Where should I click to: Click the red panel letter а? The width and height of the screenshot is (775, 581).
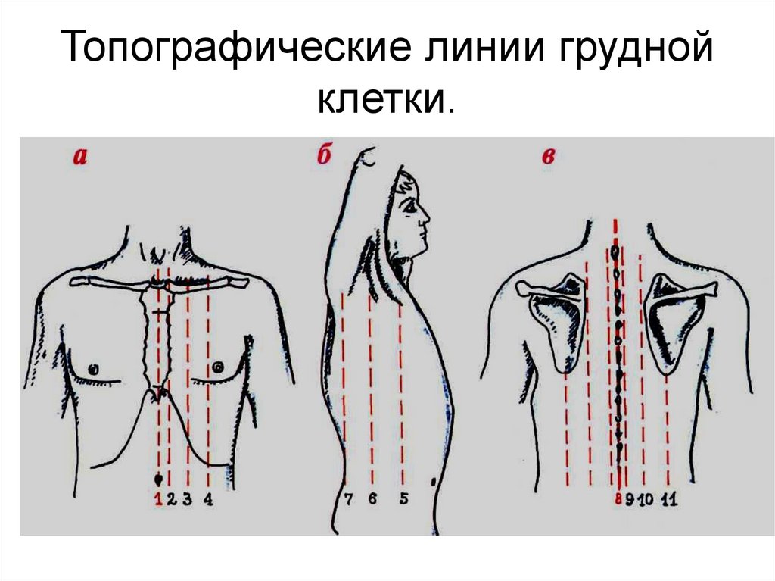click(80, 157)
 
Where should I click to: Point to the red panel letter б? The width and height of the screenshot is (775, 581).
click(324, 155)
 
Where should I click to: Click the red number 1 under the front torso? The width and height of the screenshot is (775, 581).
click(159, 499)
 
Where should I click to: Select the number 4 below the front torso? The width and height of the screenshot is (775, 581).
click(208, 499)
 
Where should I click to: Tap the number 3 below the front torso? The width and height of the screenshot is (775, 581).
click(187, 499)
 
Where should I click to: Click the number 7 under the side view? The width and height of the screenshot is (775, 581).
click(348, 499)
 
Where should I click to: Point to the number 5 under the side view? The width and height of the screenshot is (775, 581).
click(404, 498)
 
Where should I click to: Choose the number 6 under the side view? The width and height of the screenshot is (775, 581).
click(372, 498)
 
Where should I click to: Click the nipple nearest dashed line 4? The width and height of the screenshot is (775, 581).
click(217, 367)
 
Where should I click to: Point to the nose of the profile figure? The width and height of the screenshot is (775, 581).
click(426, 217)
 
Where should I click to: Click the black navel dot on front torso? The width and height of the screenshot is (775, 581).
click(159, 479)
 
